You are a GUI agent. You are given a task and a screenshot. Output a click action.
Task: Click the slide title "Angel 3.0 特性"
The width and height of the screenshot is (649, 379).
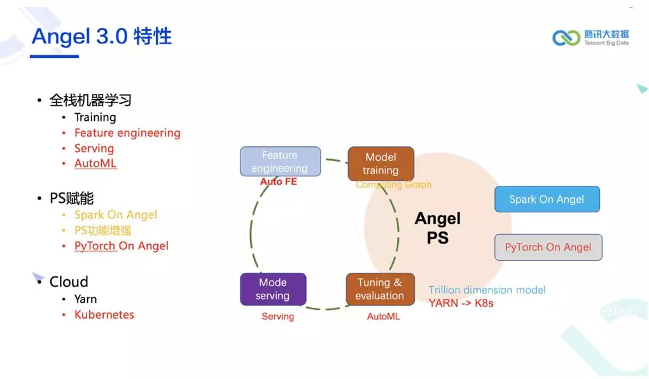pyautogui.click(x=102, y=36)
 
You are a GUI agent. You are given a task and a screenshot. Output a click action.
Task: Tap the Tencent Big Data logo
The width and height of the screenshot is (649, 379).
pyautogui.click(x=590, y=38)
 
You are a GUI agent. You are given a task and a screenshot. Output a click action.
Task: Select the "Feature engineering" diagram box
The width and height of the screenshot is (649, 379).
pyautogui.click(x=279, y=162)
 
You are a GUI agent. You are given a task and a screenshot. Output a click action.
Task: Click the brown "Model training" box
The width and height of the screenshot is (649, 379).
pyautogui.click(x=380, y=163)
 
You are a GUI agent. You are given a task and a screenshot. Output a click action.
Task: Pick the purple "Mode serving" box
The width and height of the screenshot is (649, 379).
pyautogui.click(x=273, y=289)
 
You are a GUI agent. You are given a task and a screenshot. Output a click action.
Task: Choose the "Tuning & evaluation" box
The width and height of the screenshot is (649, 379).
pyautogui.click(x=380, y=289)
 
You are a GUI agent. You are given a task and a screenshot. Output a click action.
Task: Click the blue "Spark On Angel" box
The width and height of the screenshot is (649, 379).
pyautogui.click(x=547, y=199)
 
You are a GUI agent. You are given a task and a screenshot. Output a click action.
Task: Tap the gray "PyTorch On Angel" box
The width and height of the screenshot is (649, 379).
pyautogui.click(x=548, y=247)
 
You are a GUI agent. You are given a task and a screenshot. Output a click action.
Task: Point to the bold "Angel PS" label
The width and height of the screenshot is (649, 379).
pyautogui.click(x=438, y=228)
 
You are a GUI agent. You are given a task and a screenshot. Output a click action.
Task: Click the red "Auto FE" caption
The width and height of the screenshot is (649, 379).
pyautogui.click(x=279, y=182)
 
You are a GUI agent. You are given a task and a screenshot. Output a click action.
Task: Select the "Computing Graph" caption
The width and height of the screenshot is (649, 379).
pyautogui.click(x=393, y=184)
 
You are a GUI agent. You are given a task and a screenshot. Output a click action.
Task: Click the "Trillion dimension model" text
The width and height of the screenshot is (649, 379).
pyautogui.click(x=487, y=290)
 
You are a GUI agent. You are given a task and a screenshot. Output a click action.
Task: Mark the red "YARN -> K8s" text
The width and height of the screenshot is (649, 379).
pyautogui.click(x=461, y=303)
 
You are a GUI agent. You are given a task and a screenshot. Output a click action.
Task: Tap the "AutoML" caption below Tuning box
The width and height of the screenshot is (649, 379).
pyautogui.click(x=384, y=316)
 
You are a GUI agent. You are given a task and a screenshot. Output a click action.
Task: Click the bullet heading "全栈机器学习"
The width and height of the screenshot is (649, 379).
pyautogui.click(x=90, y=100)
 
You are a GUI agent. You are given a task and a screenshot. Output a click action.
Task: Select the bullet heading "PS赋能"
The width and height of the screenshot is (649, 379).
pyautogui.click(x=71, y=198)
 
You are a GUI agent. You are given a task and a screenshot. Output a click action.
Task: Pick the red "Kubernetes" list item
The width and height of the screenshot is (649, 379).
pyautogui.click(x=104, y=315)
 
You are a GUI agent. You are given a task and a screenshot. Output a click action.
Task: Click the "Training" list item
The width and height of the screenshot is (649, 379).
pyautogui.click(x=95, y=118)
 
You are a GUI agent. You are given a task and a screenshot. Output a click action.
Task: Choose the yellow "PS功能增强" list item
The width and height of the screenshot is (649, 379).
pyautogui.click(x=102, y=230)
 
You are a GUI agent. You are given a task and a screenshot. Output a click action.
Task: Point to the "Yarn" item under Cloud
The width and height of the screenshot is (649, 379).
pyautogui.click(x=85, y=299)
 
